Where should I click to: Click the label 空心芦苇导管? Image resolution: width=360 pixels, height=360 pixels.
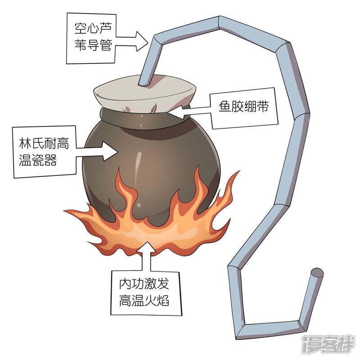93,38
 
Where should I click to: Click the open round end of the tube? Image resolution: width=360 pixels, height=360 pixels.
318,272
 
